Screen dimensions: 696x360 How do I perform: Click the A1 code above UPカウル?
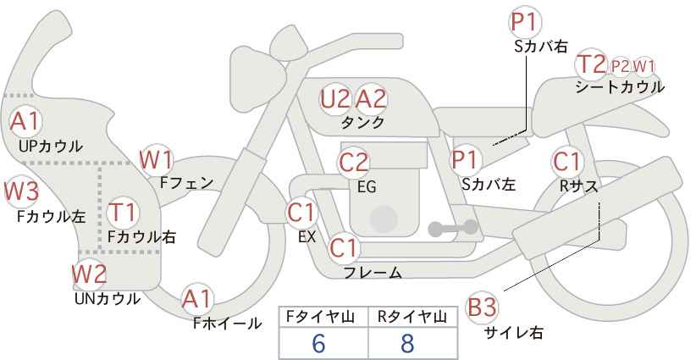25,122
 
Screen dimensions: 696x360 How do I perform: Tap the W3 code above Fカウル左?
22,191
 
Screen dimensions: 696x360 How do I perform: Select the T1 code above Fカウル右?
123,212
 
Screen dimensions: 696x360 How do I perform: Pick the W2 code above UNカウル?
90,274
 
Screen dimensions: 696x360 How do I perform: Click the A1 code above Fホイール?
197,299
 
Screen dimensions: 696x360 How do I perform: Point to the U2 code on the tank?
335,99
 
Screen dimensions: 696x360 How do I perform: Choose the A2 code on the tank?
371,99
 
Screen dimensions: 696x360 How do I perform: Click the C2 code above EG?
354,163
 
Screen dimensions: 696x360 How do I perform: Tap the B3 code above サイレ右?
482,307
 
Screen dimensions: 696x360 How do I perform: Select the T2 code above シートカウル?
592,64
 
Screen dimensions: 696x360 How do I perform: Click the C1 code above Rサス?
566,161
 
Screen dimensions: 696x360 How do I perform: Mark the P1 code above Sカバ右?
526,22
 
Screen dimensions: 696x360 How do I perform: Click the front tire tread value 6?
319,343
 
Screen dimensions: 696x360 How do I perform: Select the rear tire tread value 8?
407,343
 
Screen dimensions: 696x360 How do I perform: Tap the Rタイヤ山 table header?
412,317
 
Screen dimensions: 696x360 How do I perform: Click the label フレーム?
373,272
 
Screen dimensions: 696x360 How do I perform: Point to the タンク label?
362,122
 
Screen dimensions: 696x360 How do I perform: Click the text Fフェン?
186,183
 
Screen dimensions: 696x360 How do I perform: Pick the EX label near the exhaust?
307,237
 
